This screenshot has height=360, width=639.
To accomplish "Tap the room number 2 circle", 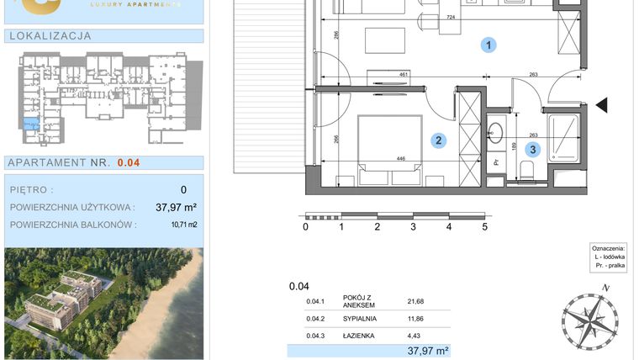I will pos(438,141).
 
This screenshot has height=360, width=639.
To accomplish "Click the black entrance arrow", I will pos(601,105).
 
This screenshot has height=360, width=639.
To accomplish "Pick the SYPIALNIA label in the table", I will pos(360,319).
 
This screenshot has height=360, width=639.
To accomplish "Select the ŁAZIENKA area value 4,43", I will pos(416,336).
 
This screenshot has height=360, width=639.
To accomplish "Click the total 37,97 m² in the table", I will pos(428,351).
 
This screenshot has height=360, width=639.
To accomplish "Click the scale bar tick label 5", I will pos(485,227).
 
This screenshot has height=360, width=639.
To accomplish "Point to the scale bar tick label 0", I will pos(306,227).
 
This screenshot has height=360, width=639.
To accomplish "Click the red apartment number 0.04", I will pos(129,163).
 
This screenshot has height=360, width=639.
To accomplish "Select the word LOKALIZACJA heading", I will pos(49,36).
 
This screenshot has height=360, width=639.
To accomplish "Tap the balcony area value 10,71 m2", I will pos(183,225).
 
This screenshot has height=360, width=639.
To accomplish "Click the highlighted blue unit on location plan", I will pos(30,125).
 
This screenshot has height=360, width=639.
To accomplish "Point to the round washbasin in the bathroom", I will pos(495,132).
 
